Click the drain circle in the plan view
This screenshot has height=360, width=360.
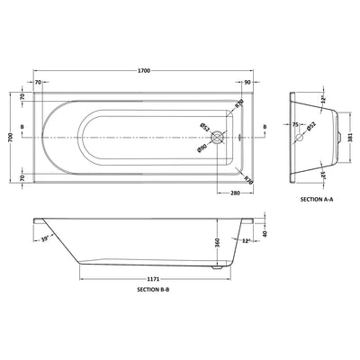[217, 136]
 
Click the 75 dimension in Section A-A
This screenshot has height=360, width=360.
[293, 127]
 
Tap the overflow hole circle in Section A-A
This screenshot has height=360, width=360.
[300, 136]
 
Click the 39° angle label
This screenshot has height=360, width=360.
[45, 238]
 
